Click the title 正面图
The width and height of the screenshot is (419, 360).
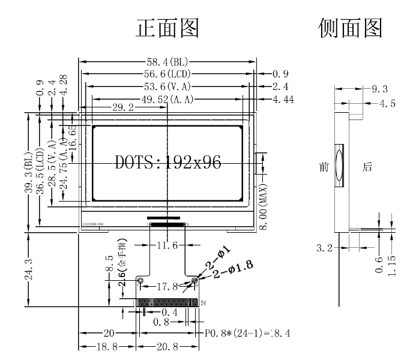click(167, 28)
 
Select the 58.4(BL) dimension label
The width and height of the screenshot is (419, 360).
click(166, 61)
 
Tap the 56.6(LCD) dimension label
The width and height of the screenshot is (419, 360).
click(167, 74)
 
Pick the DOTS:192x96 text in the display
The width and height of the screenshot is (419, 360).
click(167, 162)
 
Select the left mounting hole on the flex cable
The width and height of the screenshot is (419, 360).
click(140, 280)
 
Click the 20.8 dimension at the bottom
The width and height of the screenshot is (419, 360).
click(167, 347)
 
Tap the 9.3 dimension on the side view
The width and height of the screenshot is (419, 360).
click(379, 89)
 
